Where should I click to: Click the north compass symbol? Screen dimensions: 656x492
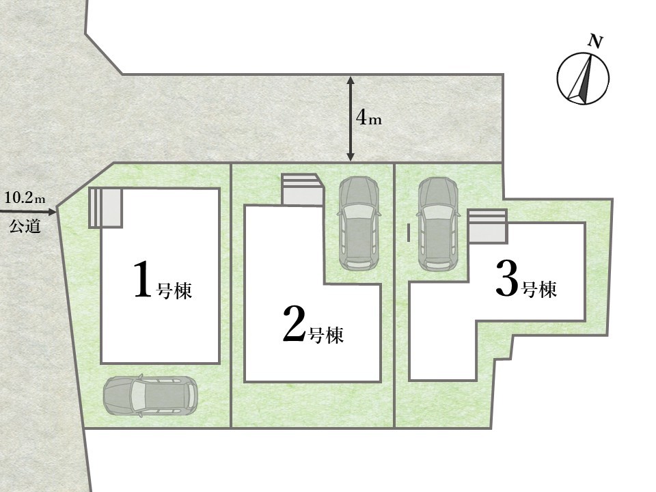point(583,79)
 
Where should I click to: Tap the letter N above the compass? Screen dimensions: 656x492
point(595,42)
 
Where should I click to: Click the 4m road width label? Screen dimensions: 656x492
point(368,118)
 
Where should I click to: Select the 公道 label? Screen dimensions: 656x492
point(25,226)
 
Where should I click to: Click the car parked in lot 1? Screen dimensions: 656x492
point(150,396)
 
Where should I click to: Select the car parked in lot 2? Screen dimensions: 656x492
point(359,223)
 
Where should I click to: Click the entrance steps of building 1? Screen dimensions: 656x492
point(105,208)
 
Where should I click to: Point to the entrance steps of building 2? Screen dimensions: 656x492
point(302,189)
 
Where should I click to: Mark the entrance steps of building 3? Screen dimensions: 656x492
point(487,226)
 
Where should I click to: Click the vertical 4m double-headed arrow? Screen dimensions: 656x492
point(351,119)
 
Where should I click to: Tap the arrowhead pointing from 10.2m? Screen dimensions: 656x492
point(52,212)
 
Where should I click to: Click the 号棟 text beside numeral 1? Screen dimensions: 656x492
point(174,290)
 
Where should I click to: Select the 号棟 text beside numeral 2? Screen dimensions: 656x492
point(326,335)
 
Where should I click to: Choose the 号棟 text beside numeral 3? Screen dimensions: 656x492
point(540,288)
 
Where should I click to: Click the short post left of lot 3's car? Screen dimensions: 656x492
point(409,232)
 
